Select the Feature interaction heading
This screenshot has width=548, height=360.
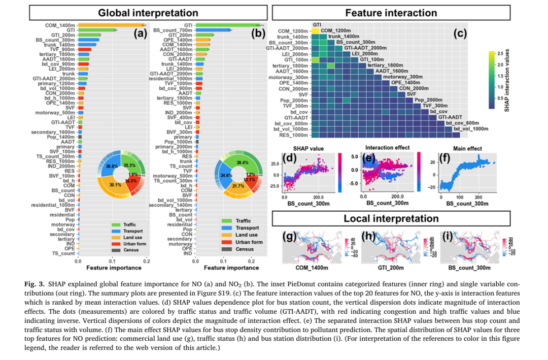point(391,12)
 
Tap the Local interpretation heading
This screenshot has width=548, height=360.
point(391,218)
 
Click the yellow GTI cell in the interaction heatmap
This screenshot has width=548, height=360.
point(315,31)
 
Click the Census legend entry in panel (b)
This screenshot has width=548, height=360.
point(245,249)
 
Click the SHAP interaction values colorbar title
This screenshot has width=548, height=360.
point(507,78)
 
